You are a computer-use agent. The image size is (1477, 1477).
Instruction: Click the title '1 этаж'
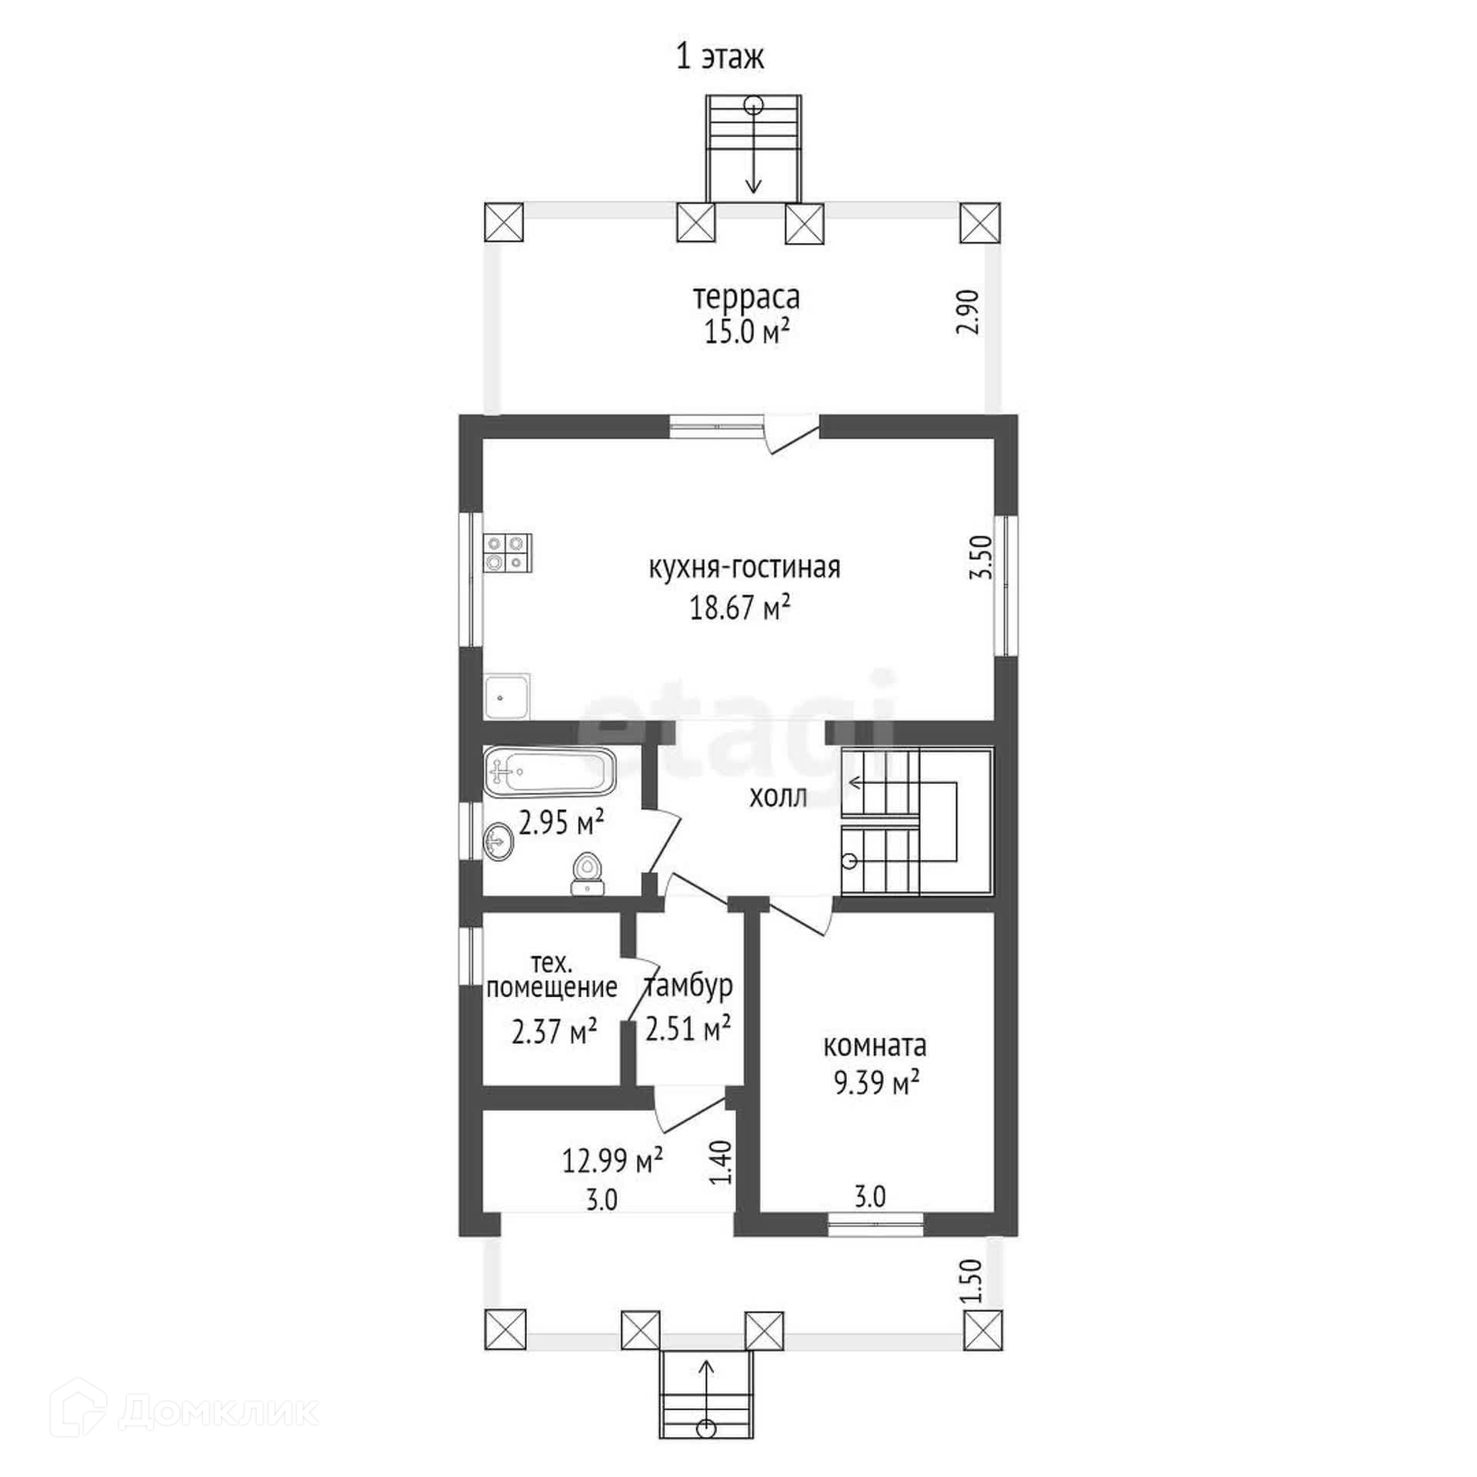click(x=719, y=58)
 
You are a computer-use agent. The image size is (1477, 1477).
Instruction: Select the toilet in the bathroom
click(x=588, y=875)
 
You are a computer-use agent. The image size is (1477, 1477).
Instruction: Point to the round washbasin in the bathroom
click(x=498, y=842)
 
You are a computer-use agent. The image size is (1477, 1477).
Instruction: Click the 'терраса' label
click(x=746, y=297)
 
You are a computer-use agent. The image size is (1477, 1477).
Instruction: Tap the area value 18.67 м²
click(x=740, y=608)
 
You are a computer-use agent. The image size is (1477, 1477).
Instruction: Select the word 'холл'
click(x=778, y=798)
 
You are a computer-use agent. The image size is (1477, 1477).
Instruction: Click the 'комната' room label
click(x=875, y=1046)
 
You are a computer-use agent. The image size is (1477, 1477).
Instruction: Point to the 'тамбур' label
click(x=688, y=987)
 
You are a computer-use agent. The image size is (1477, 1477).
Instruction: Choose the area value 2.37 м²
click(x=554, y=1032)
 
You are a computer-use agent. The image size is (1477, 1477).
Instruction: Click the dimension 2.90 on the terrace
click(x=969, y=311)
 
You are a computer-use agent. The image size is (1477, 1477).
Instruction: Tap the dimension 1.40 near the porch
click(x=722, y=1162)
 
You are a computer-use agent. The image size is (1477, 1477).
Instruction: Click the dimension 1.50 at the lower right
click(x=972, y=1281)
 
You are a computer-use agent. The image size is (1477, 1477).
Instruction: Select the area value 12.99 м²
click(x=612, y=1161)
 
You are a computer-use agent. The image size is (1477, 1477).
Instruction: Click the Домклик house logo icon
click(x=77, y=1411)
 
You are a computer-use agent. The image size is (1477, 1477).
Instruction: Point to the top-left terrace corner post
click(x=504, y=223)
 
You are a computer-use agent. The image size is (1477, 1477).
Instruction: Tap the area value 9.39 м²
click(x=877, y=1085)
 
